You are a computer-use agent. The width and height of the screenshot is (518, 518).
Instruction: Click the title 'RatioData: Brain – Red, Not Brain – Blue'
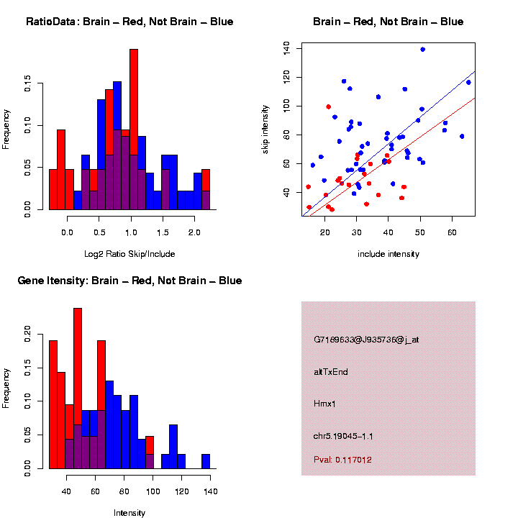129,22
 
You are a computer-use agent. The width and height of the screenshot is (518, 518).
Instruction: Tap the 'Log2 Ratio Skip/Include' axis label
129,254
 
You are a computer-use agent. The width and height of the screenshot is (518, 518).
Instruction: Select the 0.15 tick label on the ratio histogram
27,85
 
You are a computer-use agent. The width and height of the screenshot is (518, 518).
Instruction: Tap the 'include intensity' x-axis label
388,254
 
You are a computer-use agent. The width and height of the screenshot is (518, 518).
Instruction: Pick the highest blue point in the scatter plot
422,50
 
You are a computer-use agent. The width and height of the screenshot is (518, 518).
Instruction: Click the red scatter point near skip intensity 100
328,106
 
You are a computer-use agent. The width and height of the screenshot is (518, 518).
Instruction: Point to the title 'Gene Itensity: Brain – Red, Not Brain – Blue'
129,281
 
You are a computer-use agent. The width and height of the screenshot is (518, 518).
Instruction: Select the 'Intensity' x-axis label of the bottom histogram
129,513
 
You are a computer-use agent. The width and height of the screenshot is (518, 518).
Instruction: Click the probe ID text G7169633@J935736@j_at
366,339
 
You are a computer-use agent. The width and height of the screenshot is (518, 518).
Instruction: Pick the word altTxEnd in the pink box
331,372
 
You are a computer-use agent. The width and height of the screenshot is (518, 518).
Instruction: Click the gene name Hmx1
324,404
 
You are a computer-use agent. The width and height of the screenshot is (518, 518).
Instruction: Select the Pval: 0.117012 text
342,459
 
